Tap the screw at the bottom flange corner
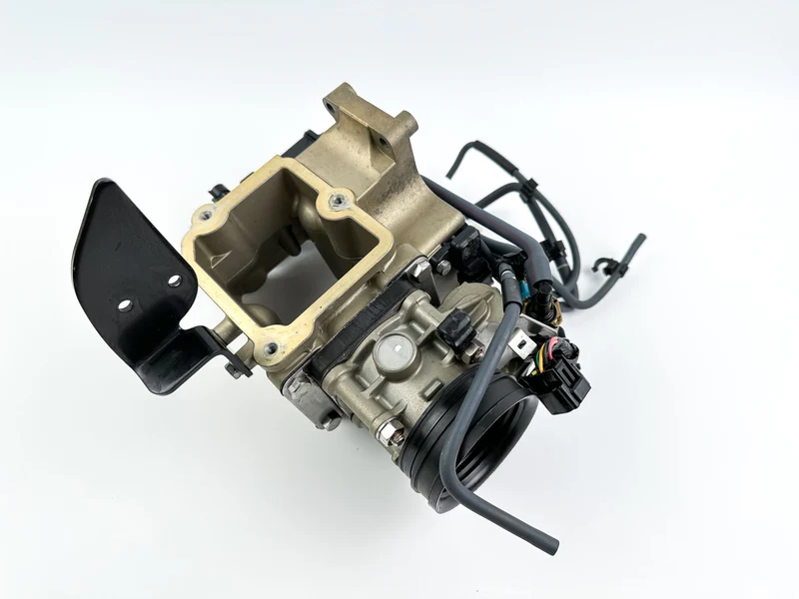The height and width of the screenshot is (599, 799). (x=270, y=349)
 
